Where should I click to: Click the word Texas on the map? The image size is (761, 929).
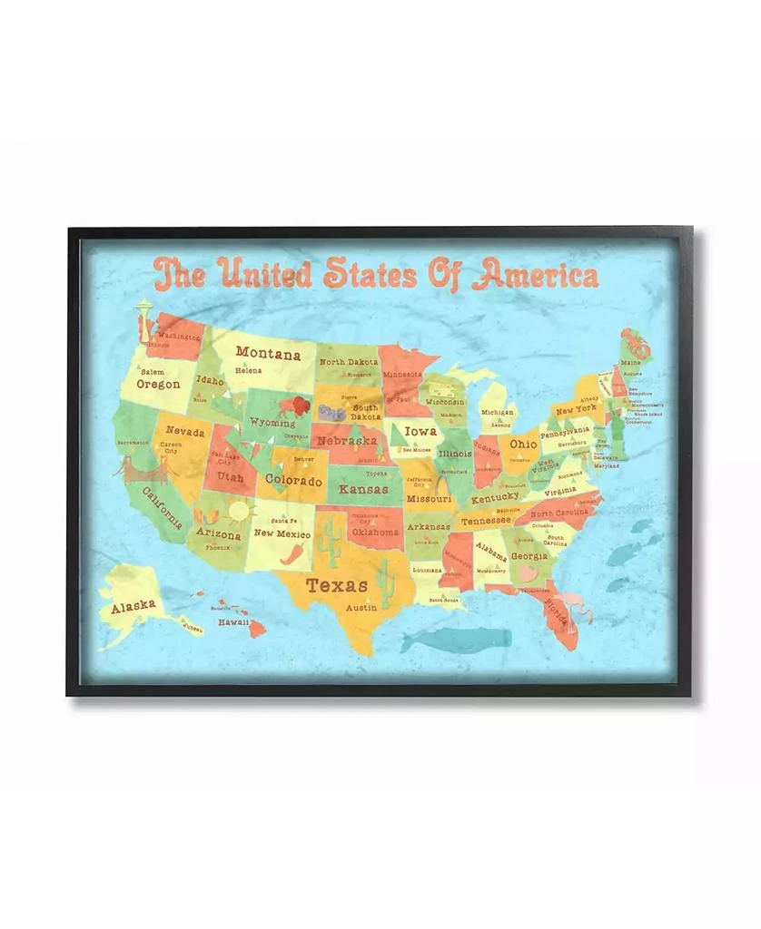336,585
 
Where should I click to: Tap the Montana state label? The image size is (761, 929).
268,353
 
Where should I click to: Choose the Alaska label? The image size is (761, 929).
133,607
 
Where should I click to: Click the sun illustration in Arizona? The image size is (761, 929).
239,513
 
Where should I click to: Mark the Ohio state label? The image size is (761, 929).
522,445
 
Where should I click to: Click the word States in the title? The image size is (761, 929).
362,272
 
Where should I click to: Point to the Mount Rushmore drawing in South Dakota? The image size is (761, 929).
330,412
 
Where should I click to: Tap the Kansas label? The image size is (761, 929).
362,489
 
